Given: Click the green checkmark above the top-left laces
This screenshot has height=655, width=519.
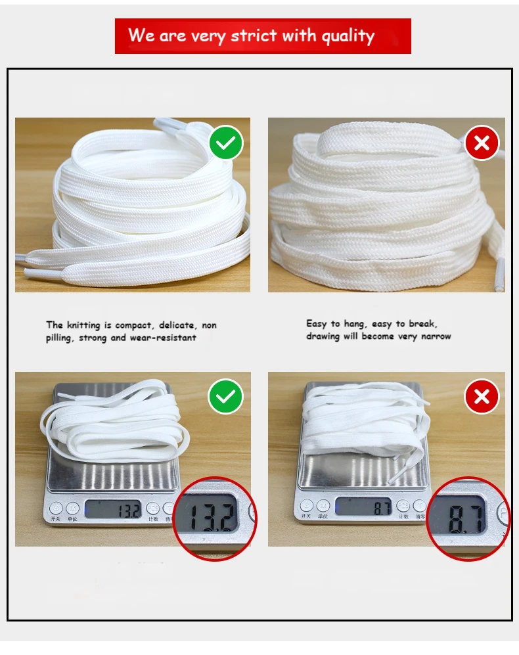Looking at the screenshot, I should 226,143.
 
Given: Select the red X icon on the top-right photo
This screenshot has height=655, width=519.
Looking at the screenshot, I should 482,143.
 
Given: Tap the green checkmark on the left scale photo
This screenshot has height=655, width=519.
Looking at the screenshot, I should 226,397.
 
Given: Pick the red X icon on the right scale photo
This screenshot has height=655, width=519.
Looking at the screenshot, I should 482,397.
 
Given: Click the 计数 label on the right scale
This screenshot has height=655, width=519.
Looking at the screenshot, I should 404,517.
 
